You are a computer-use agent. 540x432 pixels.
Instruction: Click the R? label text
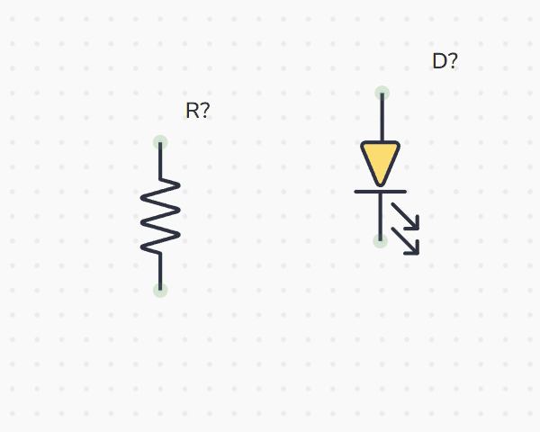point(197,111)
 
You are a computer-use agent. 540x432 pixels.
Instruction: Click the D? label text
point(445,61)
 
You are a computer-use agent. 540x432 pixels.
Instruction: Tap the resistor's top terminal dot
point(160,142)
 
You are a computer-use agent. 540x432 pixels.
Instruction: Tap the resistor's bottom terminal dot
point(160,290)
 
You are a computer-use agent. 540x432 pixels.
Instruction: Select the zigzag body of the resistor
point(160,216)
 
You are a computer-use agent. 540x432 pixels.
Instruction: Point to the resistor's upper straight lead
point(160,162)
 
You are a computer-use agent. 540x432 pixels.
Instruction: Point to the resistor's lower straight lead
point(160,270)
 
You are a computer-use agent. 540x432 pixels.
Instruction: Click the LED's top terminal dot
point(382,93)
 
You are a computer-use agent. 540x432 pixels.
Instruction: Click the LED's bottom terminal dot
point(381,240)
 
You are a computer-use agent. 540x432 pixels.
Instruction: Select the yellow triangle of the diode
point(381,159)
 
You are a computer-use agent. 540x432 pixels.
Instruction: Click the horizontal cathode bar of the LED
point(381,191)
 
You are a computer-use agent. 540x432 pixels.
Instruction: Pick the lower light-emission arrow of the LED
point(406,241)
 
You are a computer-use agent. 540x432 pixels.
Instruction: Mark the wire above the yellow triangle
point(382,117)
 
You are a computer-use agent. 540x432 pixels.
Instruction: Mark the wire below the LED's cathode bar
point(381,216)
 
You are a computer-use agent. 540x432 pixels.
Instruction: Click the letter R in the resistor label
point(192,111)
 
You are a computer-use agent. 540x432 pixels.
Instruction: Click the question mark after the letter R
point(205,111)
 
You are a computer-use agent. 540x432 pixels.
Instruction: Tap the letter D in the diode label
point(439,61)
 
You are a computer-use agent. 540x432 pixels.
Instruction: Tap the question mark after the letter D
point(452,61)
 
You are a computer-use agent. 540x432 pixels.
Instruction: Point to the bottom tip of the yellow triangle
point(381,184)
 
